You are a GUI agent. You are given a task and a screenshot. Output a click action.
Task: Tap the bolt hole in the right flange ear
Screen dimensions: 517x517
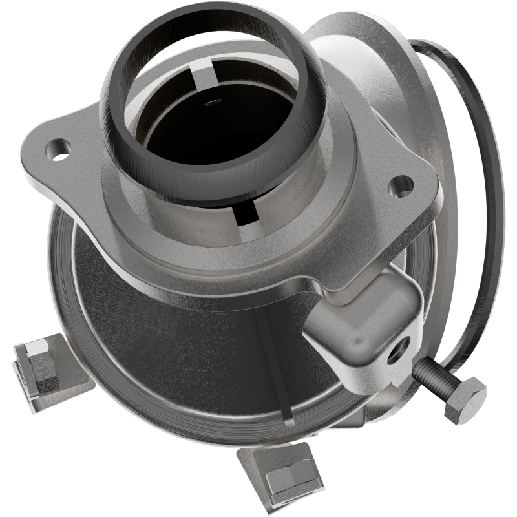coord(401,185)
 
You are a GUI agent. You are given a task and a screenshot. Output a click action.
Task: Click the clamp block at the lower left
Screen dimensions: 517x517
coord(48,372)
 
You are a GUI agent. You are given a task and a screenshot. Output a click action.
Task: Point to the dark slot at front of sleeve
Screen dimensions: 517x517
coord(249,214)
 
